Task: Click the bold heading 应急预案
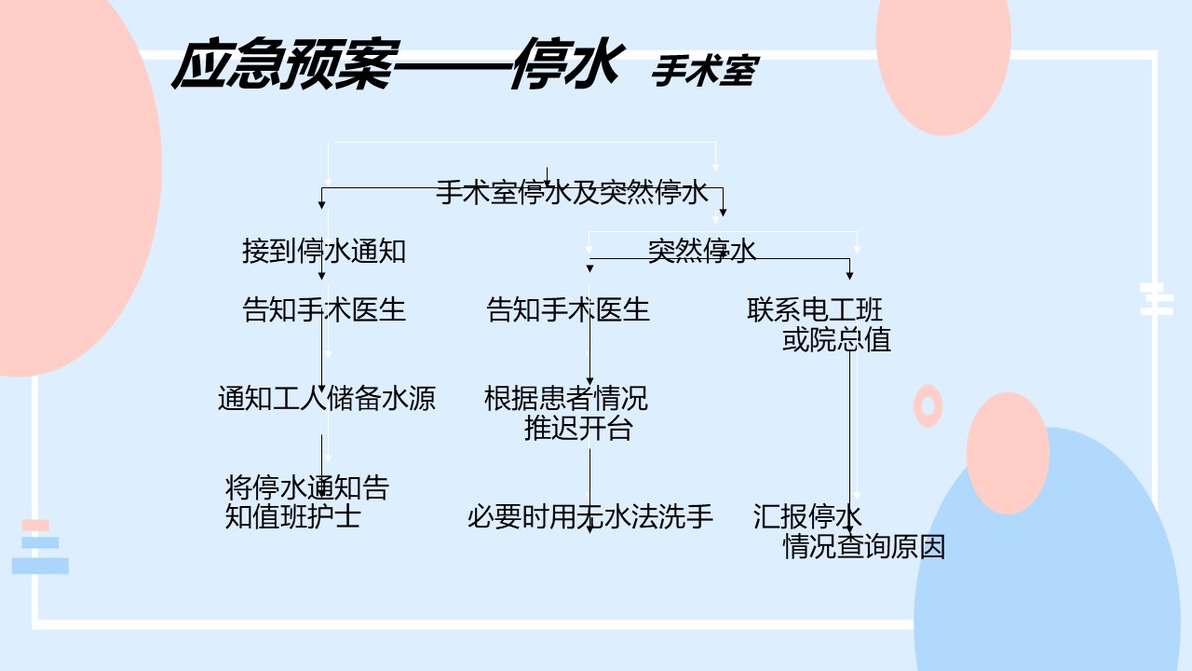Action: [285, 64]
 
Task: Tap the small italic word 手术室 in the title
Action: [705, 71]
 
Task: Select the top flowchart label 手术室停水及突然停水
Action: [572, 192]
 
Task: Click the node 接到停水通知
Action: [324, 252]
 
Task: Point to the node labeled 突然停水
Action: [702, 251]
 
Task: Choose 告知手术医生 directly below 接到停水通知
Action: [324, 309]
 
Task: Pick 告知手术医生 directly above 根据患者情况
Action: [568, 309]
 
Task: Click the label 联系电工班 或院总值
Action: [819, 324]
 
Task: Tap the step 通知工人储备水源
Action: [327, 398]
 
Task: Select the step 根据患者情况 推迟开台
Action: [566, 413]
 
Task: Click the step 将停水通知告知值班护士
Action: [307, 501]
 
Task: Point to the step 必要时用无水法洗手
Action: [590, 516]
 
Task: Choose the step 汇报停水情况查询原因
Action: [848, 531]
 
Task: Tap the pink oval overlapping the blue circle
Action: [1008, 453]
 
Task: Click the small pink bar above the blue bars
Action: [35, 525]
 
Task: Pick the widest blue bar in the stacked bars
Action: [40, 566]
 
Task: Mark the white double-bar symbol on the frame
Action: [1157, 299]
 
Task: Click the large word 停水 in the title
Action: [567, 64]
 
